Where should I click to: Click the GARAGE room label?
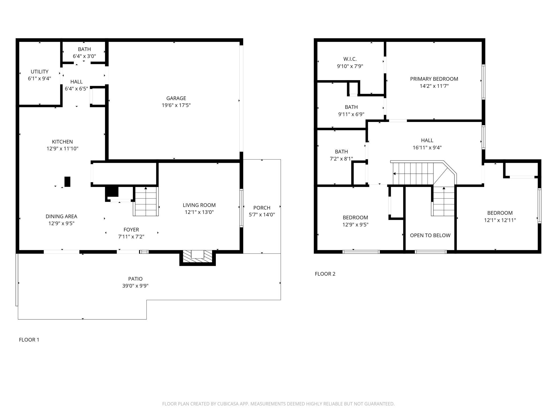(x=176, y=98)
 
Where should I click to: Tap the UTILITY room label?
(x=40, y=72)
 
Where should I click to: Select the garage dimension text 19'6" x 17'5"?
(x=176, y=105)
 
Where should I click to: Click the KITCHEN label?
(x=62, y=142)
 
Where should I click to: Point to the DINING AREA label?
(x=61, y=216)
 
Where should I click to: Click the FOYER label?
(x=131, y=230)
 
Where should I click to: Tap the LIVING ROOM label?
(x=199, y=205)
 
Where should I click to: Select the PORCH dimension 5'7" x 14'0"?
(x=262, y=215)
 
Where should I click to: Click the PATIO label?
(x=135, y=279)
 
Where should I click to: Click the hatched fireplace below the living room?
(x=198, y=257)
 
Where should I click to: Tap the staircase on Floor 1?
(x=146, y=201)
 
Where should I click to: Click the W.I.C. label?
(x=350, y=59)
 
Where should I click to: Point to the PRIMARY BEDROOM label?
(x=434, y=79)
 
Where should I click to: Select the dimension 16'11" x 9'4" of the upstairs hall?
(x=427, y=147)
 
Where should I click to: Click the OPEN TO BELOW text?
(x=430, y=235)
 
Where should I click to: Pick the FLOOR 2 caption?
(x=325, y=274)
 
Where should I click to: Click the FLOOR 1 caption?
(x=29, y=340)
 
